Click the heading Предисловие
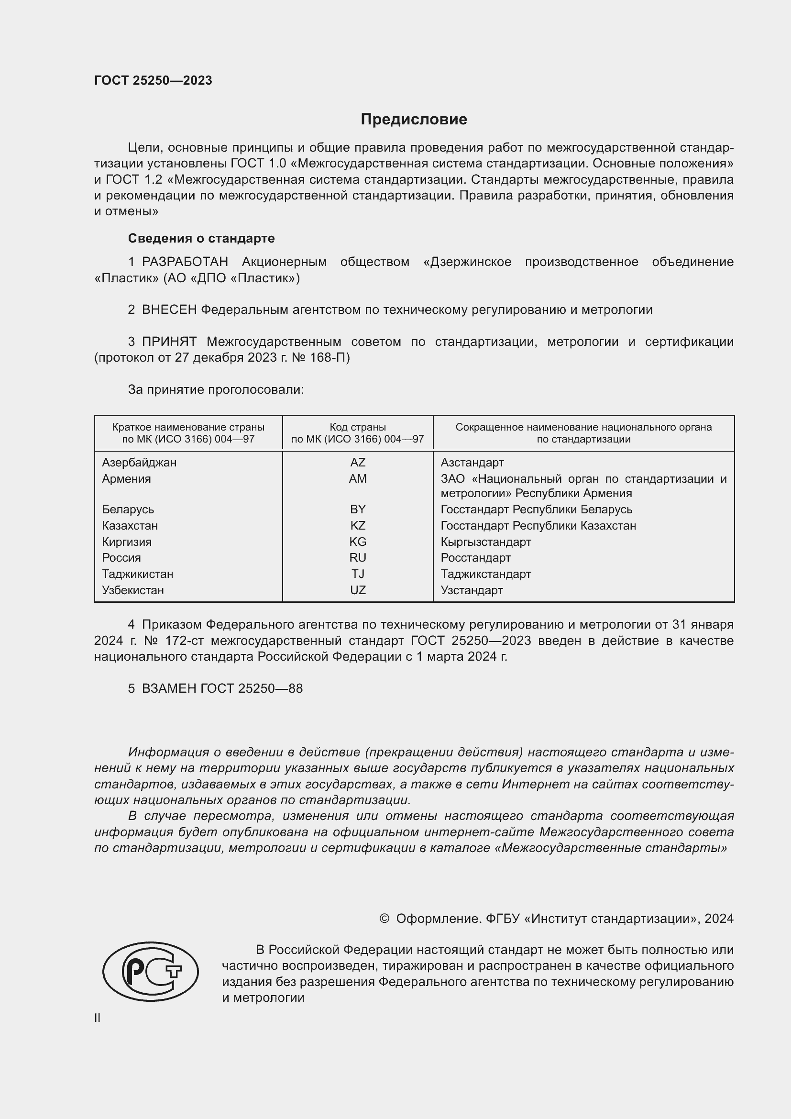click(414, 120)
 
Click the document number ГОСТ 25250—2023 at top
click(153, 80)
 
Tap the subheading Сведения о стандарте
click(201, 238)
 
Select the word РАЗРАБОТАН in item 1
click(185, 262)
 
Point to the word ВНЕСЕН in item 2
click(169, 310)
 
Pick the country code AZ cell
click(358, 462)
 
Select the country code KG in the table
click(358, 542)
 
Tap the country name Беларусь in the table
click(128, 510)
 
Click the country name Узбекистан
click(133, 590)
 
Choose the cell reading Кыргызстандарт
click(485, 542)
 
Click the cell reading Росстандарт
click(475, 557)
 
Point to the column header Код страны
click(358, 427)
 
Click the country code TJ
click(358, 574)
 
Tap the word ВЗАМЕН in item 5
click(169, 688)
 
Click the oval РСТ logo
click(151, 971)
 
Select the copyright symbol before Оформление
click(384, 919)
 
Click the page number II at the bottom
click(98, 1018)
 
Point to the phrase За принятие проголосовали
click(216, 389)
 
